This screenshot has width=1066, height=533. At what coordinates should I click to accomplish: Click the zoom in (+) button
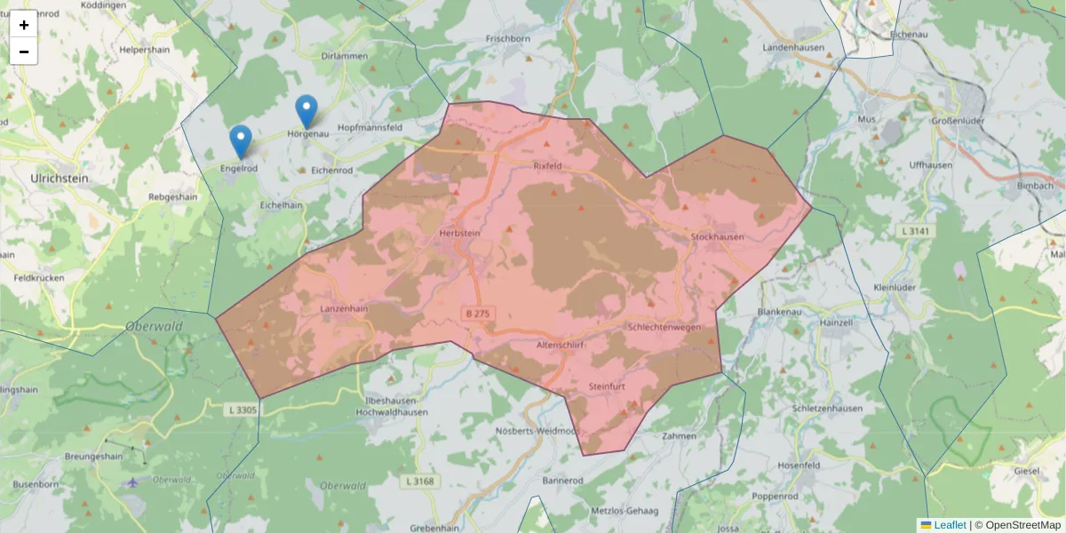(x=24, y=25)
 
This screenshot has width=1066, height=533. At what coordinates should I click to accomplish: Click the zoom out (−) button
(x=24, y=52)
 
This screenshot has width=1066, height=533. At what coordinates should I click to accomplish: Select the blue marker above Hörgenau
(x=306, y=111)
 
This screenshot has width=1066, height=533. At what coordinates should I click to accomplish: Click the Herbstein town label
(x=459, y=233)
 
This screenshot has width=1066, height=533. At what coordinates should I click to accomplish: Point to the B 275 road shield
(x=478, y=314)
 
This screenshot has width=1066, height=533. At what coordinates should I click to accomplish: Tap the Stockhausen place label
(x=717, y=237)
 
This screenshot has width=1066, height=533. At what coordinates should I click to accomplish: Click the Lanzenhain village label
(x=344, y=308)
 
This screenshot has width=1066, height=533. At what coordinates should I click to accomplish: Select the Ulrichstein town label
(x=60, y=179)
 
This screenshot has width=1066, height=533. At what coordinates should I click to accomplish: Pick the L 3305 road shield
(x=242, y=410)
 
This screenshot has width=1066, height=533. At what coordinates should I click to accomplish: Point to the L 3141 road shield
(x=913, y=231)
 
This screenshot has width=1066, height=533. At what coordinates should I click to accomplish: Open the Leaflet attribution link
(x=949, y=525)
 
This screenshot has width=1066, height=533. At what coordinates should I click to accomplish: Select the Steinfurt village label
(x=609, y=387)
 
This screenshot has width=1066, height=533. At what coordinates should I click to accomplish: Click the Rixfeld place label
(x=548, y=166)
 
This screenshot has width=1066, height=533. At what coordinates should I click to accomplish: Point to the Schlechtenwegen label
(x=664, y=327)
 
